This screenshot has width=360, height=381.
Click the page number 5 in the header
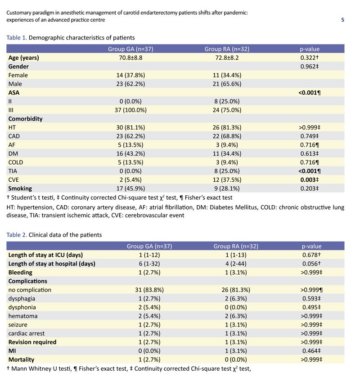point(343,20)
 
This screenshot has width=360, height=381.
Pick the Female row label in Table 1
point(18,75)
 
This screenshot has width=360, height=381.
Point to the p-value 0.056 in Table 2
point(310,264)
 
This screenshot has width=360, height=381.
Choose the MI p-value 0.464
point(310,350)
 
